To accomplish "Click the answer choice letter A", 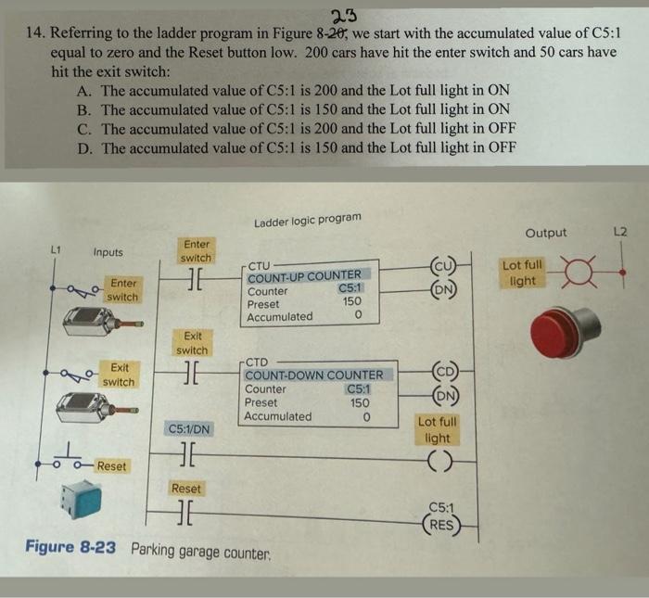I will [x=84, y=91].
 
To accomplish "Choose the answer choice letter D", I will [x=84, y=147].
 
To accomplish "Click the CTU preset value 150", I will [x=351, y=302].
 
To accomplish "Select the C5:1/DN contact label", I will [x=188, y=429].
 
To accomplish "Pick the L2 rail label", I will [x=623, y=231].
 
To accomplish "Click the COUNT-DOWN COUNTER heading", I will [x=313, y=375].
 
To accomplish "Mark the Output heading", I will [x=547, y=233].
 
